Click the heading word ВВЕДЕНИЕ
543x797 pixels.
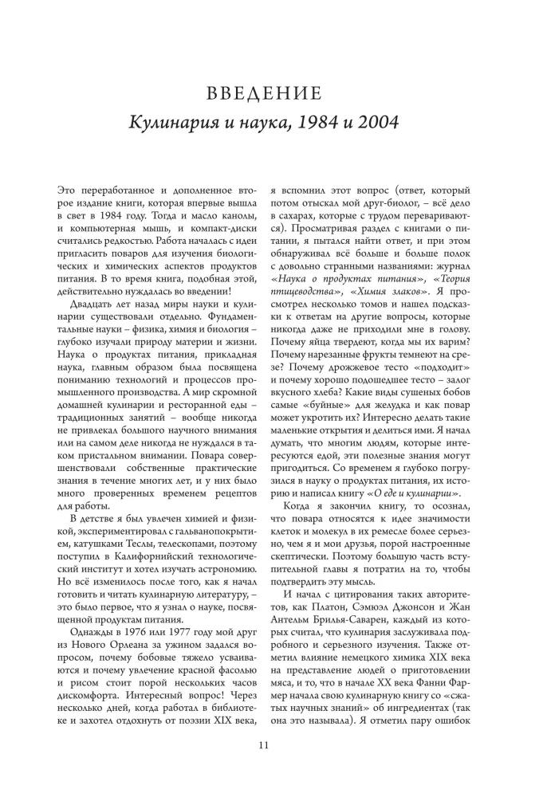[264, 95]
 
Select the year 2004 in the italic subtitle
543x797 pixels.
[376, 125]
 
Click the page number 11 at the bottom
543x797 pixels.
[264, 745]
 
